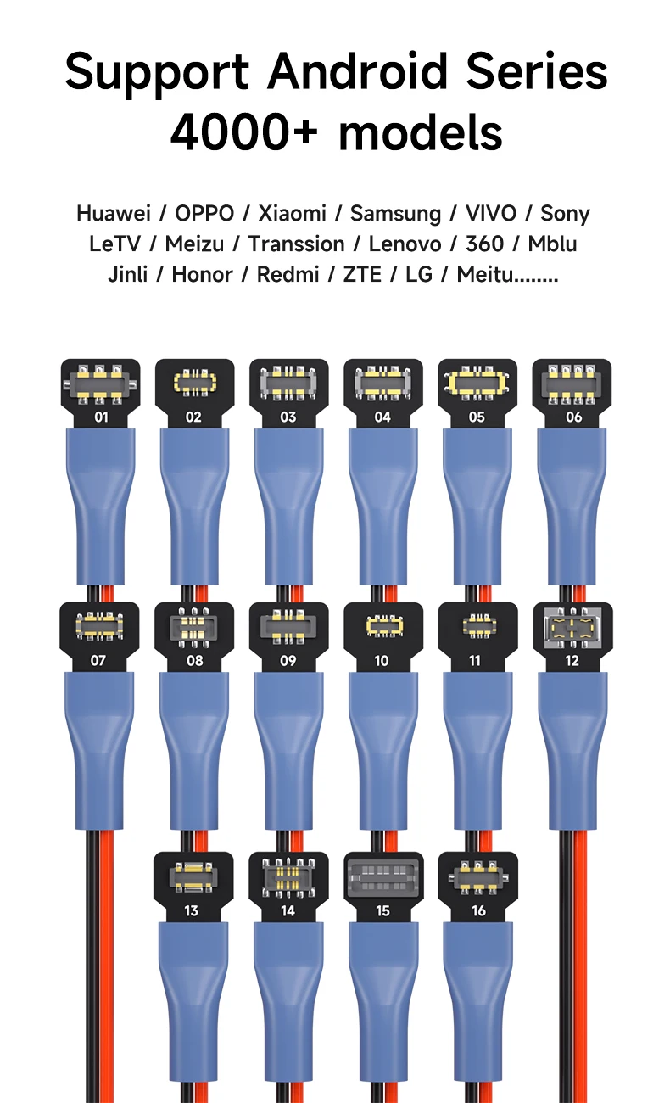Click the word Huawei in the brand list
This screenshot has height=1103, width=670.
coord(113,214)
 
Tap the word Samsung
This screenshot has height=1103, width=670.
coord(395,214)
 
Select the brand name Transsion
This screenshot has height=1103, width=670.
coord(296,244)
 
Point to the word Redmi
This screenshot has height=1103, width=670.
coord(288,275)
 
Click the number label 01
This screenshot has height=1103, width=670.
coord(100,417)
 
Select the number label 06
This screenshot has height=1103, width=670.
coord(573,417)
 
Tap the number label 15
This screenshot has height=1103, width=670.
coord(382,910)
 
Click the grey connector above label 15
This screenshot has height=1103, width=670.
coord(383,876)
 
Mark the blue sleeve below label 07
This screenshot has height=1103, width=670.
coord(99,747)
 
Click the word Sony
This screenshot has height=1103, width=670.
coord(565,214)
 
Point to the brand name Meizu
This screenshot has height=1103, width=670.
coord(194,244)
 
